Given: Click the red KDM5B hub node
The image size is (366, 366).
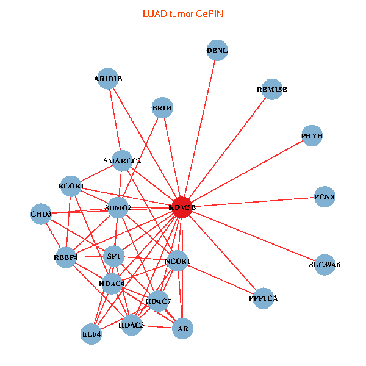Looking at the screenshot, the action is tap(182, 207).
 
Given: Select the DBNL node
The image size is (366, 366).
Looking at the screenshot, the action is tap(217, 51).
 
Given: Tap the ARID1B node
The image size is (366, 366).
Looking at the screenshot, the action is tap(108, 78).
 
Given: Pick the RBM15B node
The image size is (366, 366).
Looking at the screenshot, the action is tap(272, 90).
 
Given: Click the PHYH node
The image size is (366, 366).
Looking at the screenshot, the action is tap(312, 135).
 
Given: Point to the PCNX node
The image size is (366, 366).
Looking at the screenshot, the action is tap(325, 197).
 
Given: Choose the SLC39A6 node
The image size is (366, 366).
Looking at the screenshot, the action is tap(325, 265).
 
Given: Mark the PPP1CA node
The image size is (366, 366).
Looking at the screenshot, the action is tap(264, 298).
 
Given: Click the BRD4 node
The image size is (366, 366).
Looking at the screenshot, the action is tap(162, 109).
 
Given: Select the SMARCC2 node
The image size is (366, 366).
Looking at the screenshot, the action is tap(122, 161).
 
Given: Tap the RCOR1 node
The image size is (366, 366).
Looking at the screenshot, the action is tap(71, 186).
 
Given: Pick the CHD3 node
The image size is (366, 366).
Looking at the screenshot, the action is tap(41, 214).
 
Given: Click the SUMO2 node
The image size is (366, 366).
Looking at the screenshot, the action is tap(118, 208).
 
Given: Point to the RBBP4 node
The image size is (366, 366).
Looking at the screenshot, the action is tap(66, 257).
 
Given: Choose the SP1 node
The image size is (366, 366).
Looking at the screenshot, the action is tap(114, 256).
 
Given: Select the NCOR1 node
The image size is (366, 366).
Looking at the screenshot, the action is tap(178, 261).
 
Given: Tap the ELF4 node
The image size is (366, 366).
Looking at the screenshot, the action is tap(91, 334).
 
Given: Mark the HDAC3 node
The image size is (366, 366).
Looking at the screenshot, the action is tap(131, 325).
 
